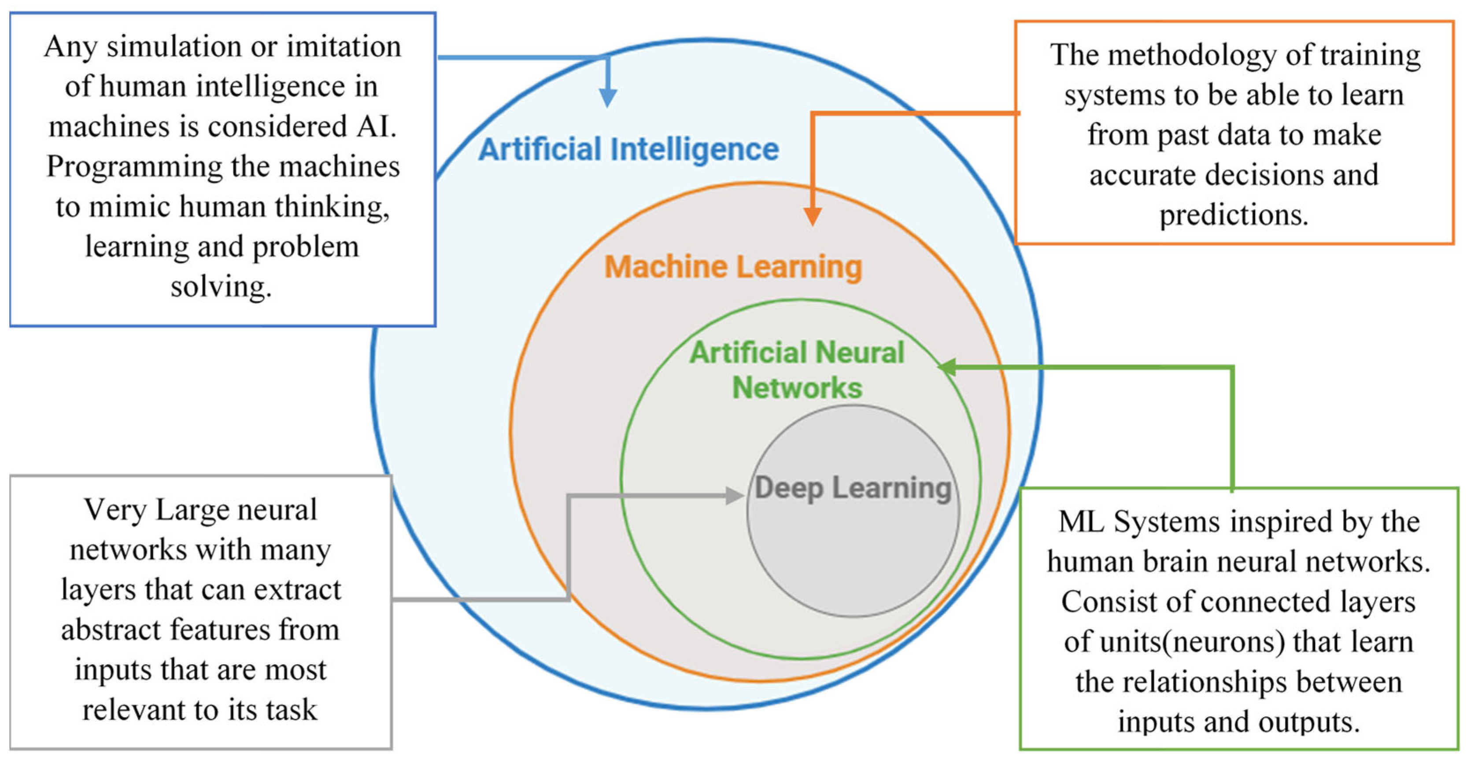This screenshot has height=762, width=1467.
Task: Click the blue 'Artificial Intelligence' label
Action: (x=628, y=150)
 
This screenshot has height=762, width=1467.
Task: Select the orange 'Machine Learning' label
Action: (x=733, y=267)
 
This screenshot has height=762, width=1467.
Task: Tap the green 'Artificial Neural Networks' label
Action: (x=797, y=370)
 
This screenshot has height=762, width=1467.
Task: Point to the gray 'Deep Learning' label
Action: (x=853, y=488)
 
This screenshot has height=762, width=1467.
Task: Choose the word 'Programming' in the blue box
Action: (x=134, y=167)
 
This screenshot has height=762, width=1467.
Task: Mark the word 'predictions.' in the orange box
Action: (x=1234, y=215)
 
